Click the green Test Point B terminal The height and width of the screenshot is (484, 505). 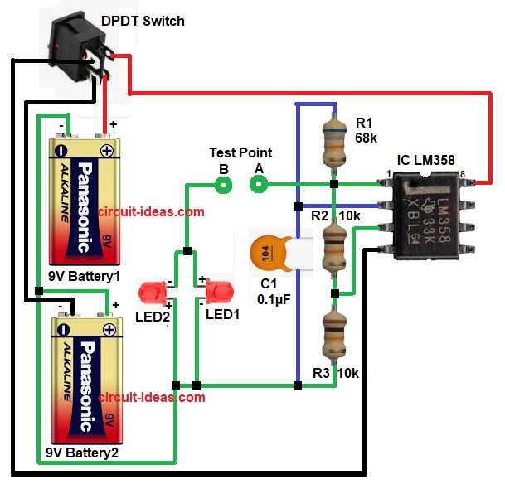point(222,184)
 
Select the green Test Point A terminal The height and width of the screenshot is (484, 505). point(260,184)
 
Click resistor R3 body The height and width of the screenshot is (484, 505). point(333,340)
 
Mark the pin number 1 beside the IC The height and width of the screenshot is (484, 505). point(388,172)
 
